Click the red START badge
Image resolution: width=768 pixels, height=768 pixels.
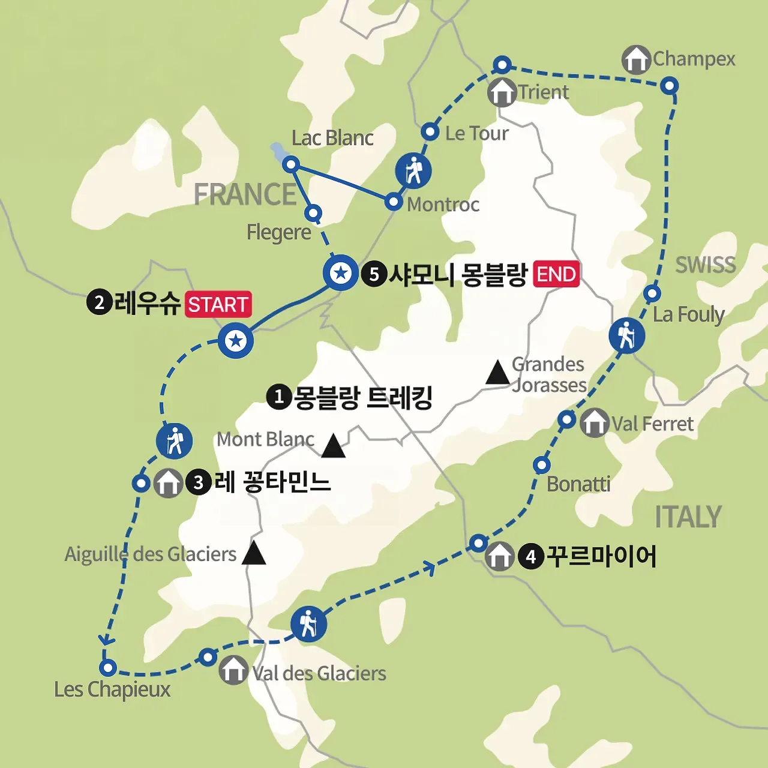click(218, 304)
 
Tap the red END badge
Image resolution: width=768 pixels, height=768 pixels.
click(556, 274)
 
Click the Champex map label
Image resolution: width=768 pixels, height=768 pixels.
click(694, 59)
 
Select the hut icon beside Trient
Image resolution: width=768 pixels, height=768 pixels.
click(502, 92)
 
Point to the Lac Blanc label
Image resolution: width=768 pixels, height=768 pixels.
click(332, 138)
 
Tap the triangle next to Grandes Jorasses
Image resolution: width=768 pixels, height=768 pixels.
click(497, 373)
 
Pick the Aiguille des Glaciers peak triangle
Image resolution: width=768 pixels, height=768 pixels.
click(254, 553)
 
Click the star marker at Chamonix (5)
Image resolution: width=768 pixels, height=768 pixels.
click(341, 274)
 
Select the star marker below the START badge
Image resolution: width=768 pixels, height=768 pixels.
click(236, 341)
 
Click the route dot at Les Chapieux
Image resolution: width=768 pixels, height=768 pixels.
click(107, 667)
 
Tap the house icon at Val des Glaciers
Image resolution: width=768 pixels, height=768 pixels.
click(233, 670)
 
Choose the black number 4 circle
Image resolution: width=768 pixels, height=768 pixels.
click(530, 557)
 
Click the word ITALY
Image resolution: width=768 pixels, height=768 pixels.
click(688, 517)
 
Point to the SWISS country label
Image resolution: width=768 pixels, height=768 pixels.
click(705, 265)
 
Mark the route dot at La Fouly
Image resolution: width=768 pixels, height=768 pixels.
click(652, 293)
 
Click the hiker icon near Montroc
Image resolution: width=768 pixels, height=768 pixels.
click(413, 170)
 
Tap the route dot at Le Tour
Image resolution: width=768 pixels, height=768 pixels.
click(430, 132)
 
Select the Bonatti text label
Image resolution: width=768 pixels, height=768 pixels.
click(578, 484)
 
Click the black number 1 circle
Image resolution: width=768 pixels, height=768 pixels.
click(278, 397)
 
